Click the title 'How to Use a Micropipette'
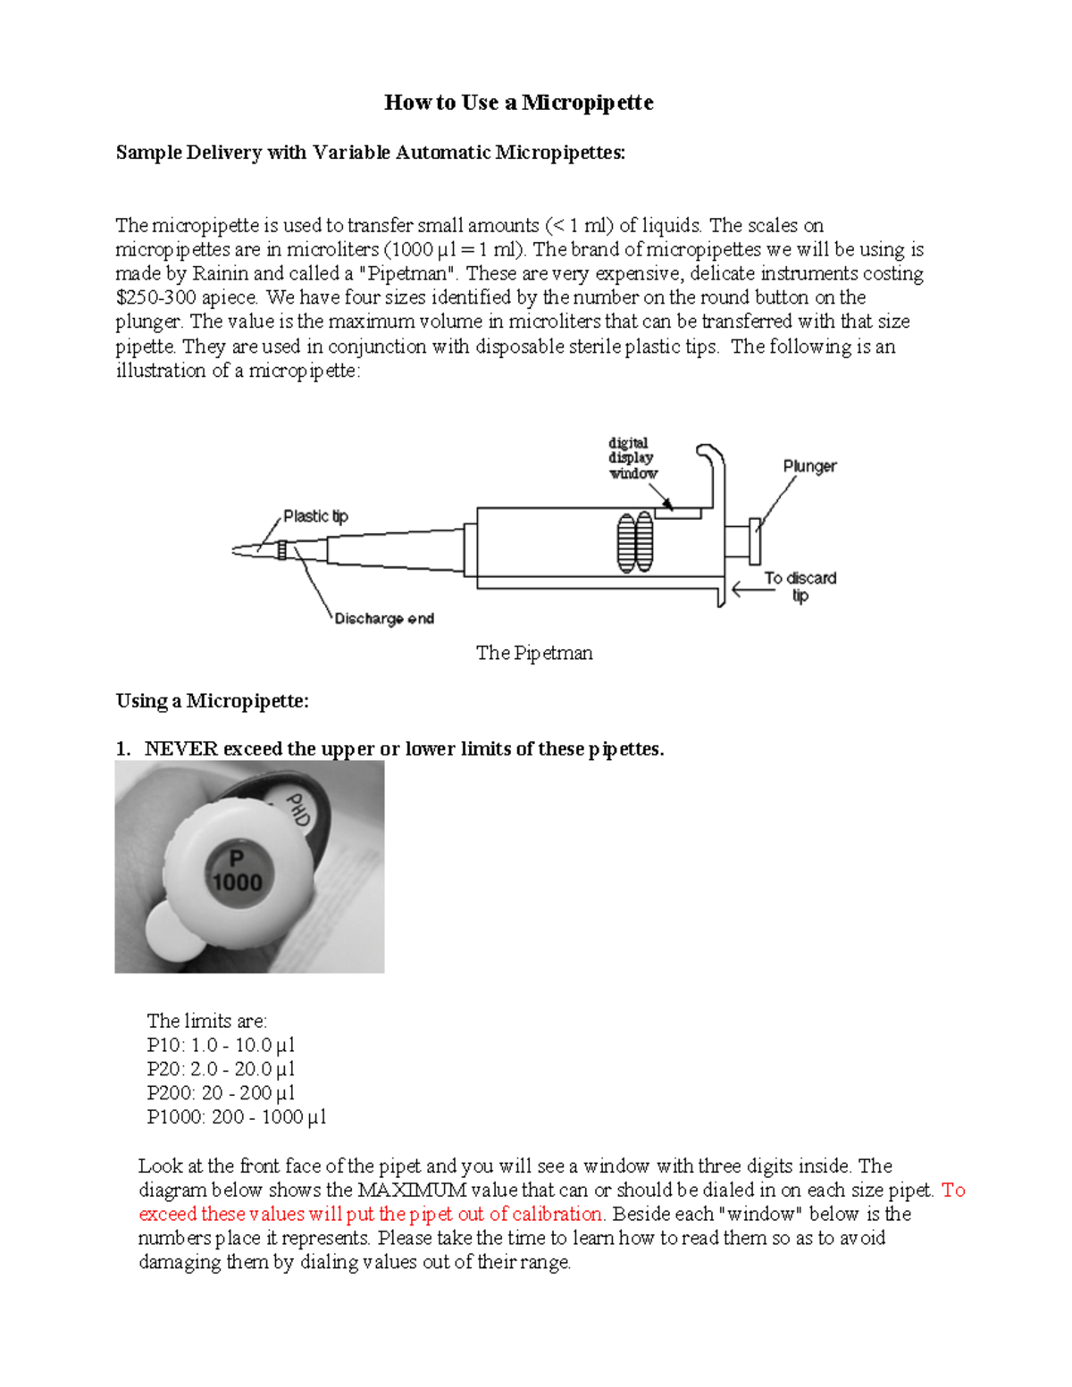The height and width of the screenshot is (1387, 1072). (x=518, y=103)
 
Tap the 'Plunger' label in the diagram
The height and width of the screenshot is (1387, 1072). (x=809, y=466)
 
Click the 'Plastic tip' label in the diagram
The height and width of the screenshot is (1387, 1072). (x=315, y=516)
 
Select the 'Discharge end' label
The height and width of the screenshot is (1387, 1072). (x=384, y=618)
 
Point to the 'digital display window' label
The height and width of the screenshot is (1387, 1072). (x=632, y=458)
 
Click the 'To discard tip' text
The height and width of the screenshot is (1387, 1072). (x=800, y=586)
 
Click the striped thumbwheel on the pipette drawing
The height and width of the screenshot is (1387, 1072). (x=635, y=542)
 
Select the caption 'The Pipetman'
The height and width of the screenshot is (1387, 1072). (x=534, y=653)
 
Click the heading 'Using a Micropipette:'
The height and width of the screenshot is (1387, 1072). (x=212, y=701)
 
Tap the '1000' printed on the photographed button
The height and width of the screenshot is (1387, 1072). (x=238, y=882)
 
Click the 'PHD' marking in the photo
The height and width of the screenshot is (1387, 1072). (x=297, y=809)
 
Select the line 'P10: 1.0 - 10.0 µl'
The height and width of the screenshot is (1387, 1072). (x=221, y=1045)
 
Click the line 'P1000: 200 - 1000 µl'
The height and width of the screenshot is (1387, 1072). (x=237, y=1117)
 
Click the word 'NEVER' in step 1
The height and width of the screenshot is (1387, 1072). (x=180, y=749)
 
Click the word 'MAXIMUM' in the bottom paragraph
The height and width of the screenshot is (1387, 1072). (x=412, y=1191)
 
